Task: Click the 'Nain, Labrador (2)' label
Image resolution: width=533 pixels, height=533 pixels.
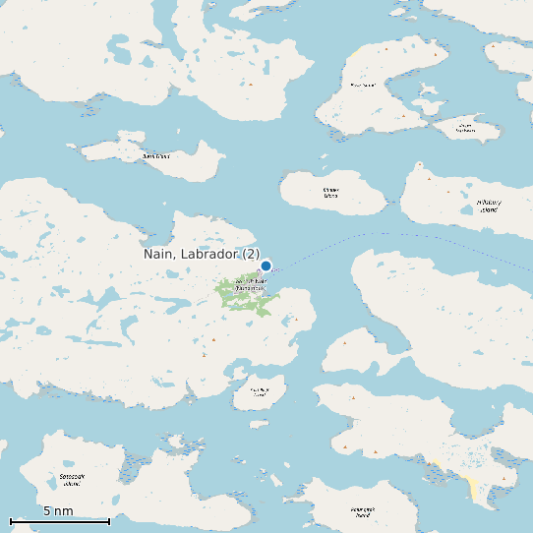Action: point(202,255)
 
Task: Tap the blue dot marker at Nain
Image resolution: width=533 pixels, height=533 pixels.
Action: point(266,266)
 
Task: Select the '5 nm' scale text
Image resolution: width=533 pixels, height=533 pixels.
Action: point(58,511)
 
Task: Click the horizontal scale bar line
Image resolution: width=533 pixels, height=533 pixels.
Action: point(59,520)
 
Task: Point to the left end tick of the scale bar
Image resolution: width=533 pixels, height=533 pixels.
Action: point(10,520)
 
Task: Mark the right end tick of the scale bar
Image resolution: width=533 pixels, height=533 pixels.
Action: point(109,520)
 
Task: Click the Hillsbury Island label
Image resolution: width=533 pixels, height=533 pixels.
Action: point(489,206)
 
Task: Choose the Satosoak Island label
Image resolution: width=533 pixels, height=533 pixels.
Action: point(70,480)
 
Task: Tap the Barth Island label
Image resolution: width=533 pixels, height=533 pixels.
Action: point(156,156)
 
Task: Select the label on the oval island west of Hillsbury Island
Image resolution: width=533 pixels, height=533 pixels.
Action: point(330,193)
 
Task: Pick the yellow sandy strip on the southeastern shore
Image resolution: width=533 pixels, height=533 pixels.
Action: point(473,488)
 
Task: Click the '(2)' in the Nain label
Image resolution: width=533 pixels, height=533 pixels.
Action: point(252,255)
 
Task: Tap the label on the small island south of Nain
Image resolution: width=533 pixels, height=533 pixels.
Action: point(259,392)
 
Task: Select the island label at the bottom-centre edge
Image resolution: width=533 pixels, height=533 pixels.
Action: point(363,511)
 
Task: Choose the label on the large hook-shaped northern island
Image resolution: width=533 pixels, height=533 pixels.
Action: point(363,86)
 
